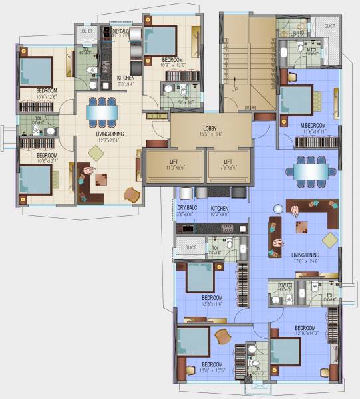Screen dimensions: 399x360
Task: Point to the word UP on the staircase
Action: tap(234, 88)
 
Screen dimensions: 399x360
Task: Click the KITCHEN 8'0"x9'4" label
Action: tap(126, 81)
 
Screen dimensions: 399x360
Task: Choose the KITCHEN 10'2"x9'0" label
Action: tap(220, 211)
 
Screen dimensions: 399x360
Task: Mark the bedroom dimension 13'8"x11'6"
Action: tap(212, 303)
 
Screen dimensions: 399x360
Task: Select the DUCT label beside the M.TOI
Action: tap(330, 26)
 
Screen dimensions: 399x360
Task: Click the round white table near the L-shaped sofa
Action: tap(294, 211)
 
